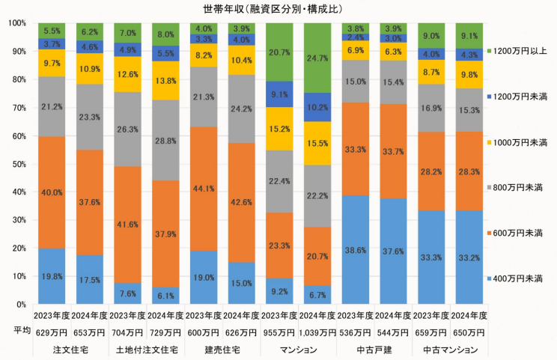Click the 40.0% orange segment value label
(52, 192)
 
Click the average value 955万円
(281, 332)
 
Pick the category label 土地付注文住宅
(147, 349)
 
